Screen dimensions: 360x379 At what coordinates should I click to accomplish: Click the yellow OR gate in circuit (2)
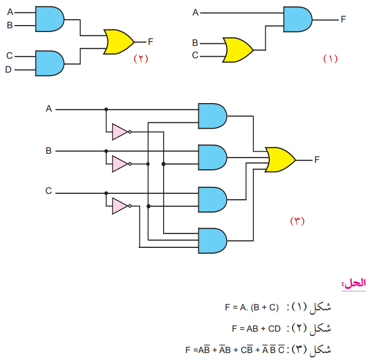[x=119, y=42]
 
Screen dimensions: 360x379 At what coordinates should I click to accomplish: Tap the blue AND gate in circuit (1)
[x=298, y=20]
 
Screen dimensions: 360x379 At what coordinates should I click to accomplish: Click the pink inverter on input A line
[x=120, y=131]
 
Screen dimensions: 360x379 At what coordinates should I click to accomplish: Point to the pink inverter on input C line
[x=120, y=206]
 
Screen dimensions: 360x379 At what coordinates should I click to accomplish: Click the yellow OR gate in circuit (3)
[x=280, y=160]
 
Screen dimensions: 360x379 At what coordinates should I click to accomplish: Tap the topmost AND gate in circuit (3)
[x=212, y=116]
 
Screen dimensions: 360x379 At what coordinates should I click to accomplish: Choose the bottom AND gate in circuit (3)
[x=212, y=240]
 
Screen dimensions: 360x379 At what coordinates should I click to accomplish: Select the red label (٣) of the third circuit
[x=297, y=221]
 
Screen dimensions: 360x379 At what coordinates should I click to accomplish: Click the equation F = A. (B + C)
[x=252, y=307]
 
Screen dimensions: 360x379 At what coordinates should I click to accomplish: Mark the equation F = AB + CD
[x=256, y=328]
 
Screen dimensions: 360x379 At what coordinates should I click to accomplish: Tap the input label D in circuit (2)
[x=8, y=69]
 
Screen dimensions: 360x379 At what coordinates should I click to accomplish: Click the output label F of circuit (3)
[x=317, y=159]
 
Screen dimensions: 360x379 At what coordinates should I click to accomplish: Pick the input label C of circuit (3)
[x=49, y=191]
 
